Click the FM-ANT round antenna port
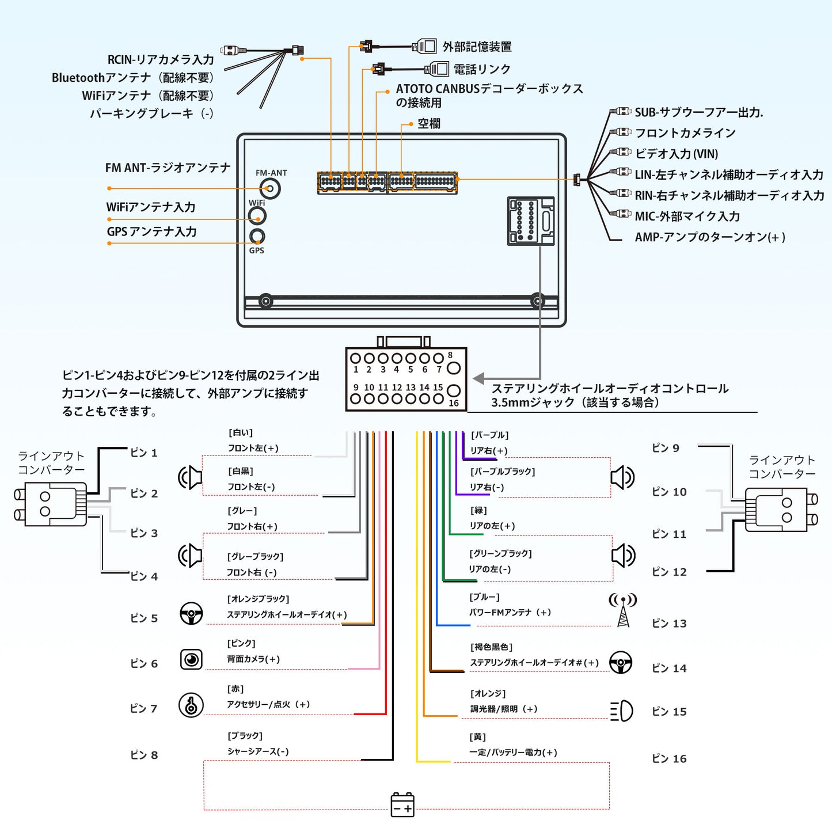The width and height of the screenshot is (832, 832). click(x=269, y=188)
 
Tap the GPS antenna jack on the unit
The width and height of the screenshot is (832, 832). click(x=257, y=236)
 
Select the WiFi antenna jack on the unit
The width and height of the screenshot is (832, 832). click(x=257, y=216)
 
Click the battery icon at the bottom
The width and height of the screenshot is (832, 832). click(x=402, y=804)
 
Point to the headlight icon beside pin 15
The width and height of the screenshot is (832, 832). click(x=622, y=711)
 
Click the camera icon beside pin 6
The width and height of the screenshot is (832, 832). click(x=191, y=659)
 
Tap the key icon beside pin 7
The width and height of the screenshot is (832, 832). click(x=191, y=705)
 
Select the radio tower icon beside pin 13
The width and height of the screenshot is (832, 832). click(x=623, y=610)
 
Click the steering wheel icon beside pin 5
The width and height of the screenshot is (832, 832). click(x=191, y=614)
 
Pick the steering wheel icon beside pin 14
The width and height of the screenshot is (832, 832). click(x=621, y=663)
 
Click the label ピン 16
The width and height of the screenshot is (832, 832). click(x=669, y=759)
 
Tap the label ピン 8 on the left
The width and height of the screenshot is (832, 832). click(x=144, y=755)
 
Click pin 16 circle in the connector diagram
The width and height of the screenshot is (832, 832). click(x=454, y=391)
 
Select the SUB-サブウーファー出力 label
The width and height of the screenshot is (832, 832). click(x=698, y=112)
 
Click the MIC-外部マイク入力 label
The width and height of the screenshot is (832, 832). click(x=687, y=216)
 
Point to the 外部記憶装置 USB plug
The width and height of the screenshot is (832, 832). click(x=425, y=46)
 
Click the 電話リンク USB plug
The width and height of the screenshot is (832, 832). click(x=436, y=69)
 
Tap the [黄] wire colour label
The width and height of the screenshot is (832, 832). click(x=478, y=737)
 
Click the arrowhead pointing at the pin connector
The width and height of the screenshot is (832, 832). click(x=478, y=378)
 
